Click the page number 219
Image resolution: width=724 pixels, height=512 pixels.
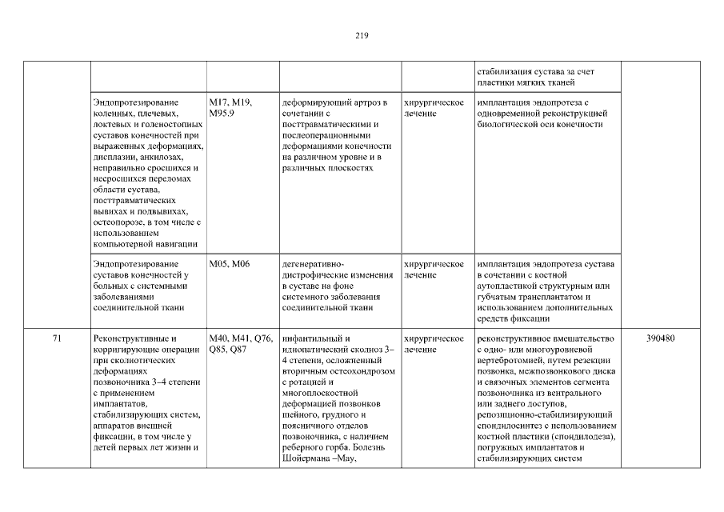coord(362,35)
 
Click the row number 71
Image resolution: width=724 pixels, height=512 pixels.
coord(57,338)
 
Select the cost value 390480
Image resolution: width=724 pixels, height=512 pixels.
coord(660,338)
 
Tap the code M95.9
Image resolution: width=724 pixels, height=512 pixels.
coord(222,114)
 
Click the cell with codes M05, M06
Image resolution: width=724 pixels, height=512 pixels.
coord(230,264)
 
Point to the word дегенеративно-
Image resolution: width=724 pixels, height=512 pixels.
coord(313,264)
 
